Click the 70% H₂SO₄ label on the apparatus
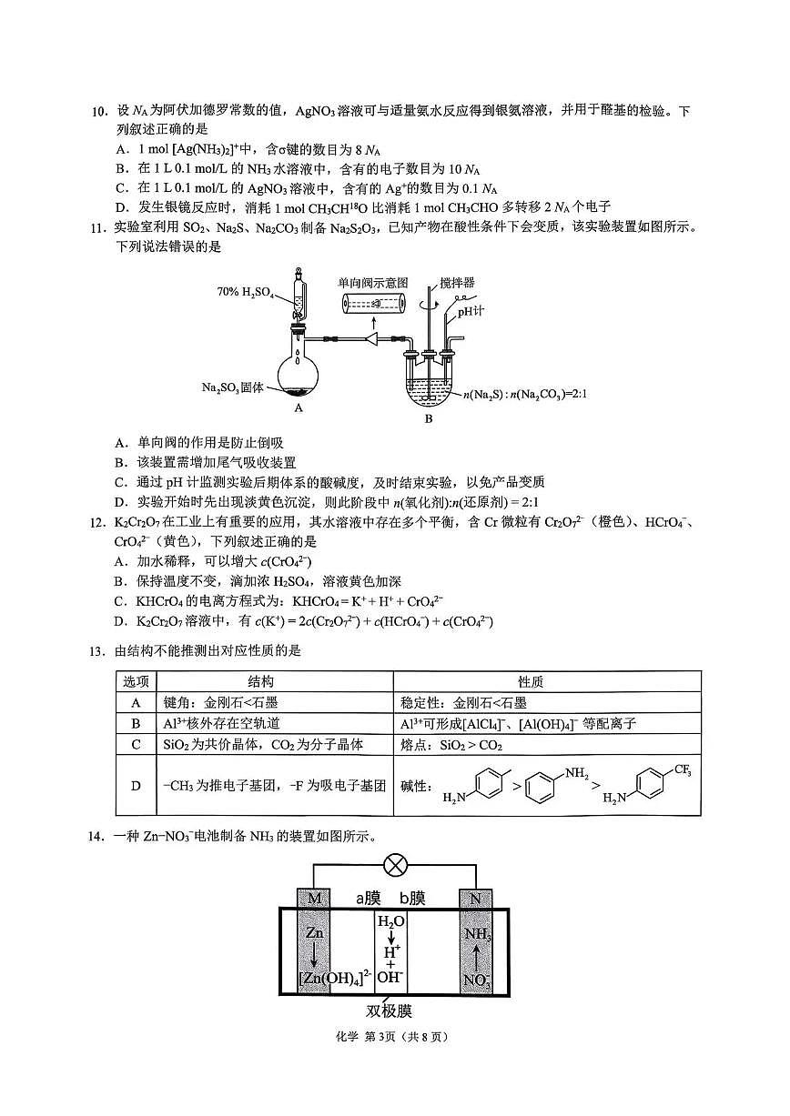click(x=245, y=292)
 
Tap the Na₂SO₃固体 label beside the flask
click(x=232, y=387)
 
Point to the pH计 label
click(x=471, y=311)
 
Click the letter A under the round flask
click(x=298, y=409)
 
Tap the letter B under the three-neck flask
click(x=429, y=419)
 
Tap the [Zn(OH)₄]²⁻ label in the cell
click(x=335, y=979)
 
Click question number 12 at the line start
click(x=100, y=523)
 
